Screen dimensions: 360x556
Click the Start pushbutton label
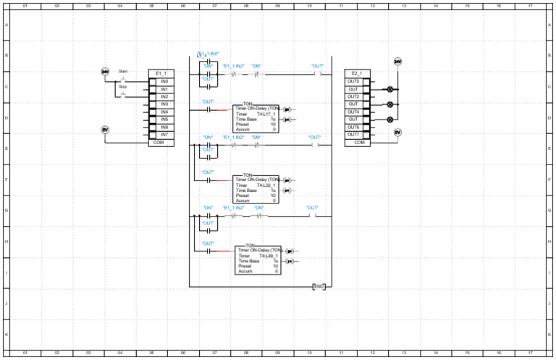pos(123,72)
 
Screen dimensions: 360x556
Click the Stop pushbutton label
pos(123,87)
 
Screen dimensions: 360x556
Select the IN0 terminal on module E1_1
pos(164,81)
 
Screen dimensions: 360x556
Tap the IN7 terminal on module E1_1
pos(164,135)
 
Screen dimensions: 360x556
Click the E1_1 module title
pos(161,73)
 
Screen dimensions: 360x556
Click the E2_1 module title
pos(356,73)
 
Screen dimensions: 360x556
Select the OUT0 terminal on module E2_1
pos(353,81)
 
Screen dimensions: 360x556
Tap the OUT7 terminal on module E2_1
pos(353,135)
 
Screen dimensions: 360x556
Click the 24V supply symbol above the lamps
pos(397,62)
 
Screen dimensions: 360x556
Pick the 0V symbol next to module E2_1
pos(397,132)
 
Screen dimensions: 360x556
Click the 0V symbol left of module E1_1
pos(104,129)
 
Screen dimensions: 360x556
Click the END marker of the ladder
pos(319,286)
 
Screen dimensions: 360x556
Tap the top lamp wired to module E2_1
pos(391,89)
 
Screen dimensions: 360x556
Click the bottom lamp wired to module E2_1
pos(391,120)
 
